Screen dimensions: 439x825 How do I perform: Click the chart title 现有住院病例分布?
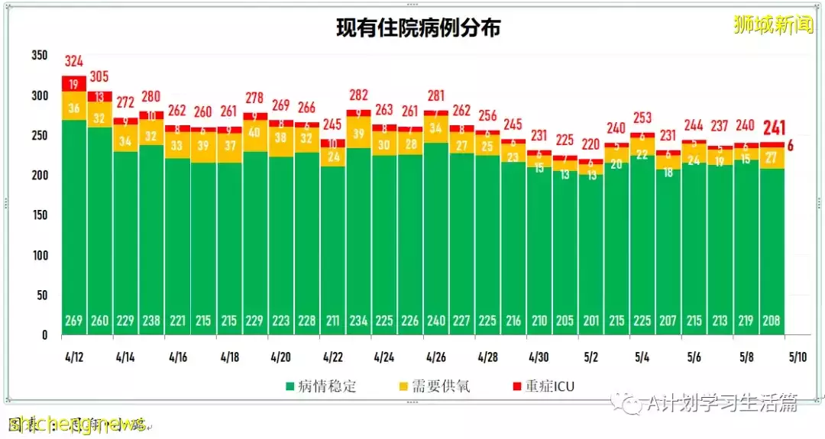point(419,28)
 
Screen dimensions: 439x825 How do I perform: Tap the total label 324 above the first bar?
point(74,61)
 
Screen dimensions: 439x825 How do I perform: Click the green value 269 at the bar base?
point(74,321)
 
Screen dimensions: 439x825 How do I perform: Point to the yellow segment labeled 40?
point(255,131)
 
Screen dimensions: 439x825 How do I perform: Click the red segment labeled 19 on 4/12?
point(74,84)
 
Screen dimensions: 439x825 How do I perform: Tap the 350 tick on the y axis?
point(40,56)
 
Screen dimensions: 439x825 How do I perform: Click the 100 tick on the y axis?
point(40,255)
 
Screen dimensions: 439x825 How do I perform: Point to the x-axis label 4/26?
point(436,357)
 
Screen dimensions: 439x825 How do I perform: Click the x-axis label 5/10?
point(797,357)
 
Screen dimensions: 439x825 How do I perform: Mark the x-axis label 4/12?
point(74,357)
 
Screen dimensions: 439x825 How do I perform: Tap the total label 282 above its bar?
point(358,95)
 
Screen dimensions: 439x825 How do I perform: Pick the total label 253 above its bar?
point(642,118)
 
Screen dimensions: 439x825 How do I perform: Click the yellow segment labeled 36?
point(74,108)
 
